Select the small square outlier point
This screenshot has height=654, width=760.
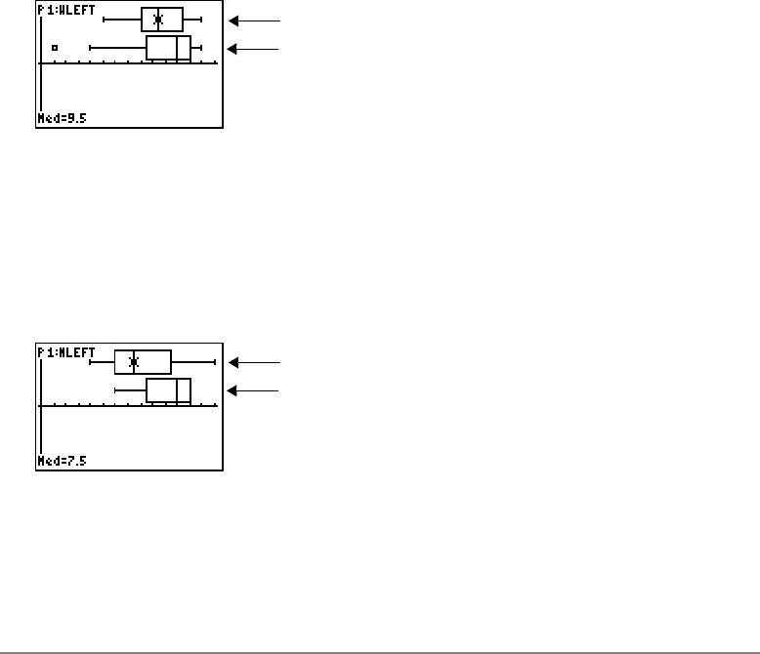[x=55, y=47]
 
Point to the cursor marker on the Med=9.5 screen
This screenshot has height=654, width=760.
[x=158, y=20]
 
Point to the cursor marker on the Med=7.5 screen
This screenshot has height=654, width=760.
[x=134, y=362]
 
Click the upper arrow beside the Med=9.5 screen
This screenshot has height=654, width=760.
[x=253, y=20]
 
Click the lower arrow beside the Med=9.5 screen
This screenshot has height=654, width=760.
[x=253, y=48]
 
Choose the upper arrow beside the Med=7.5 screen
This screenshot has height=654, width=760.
[x=253, y=362]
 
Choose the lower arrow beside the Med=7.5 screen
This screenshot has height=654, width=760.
[x=253, y=390]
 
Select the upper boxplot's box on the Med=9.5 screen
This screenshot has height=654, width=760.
[x=162, y=20]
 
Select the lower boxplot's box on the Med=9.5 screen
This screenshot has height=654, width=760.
[x=168, y=48]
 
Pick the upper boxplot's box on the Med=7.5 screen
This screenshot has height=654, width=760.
[x=143, y=362]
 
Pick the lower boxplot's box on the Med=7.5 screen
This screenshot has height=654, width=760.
[x=168, y=390]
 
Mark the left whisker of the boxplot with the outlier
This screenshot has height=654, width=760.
[x=117, y=48]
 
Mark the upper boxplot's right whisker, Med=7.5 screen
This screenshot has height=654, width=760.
[x=192, y=362]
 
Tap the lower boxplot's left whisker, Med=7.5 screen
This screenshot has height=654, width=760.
[x=131, y=390]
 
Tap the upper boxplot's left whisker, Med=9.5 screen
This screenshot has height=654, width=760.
[x=123, y=20]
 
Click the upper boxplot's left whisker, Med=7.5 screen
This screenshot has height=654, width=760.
[x=103, y=362]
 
